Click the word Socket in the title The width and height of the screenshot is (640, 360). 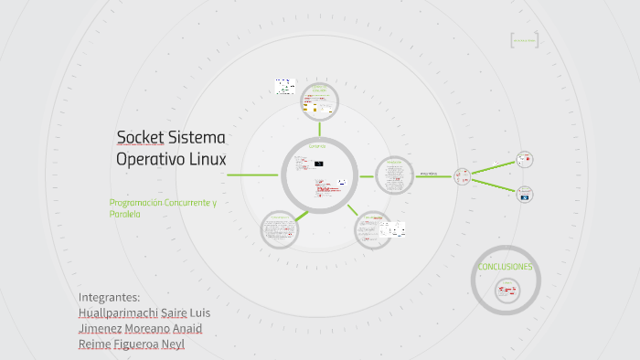click(140, 138)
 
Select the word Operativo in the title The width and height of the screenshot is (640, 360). click(146, 159)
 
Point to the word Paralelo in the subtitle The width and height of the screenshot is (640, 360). click(124, 214)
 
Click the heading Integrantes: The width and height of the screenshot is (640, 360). click(110, 297)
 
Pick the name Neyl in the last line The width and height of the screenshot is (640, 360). click(173, 344)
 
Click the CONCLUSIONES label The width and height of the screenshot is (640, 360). click(505, 267)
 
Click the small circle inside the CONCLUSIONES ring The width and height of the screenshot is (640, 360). click(506, 291)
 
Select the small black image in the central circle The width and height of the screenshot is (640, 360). click(318, 162)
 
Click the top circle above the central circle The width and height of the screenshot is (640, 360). click(320, 100)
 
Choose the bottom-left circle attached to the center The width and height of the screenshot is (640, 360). click(279, 229)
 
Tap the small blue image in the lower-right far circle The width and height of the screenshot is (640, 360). click(525, 195)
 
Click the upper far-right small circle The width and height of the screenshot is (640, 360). click(524, 159)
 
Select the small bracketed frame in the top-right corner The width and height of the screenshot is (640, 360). click(524, 40)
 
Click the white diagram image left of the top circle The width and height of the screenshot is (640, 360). click(284, 87)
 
